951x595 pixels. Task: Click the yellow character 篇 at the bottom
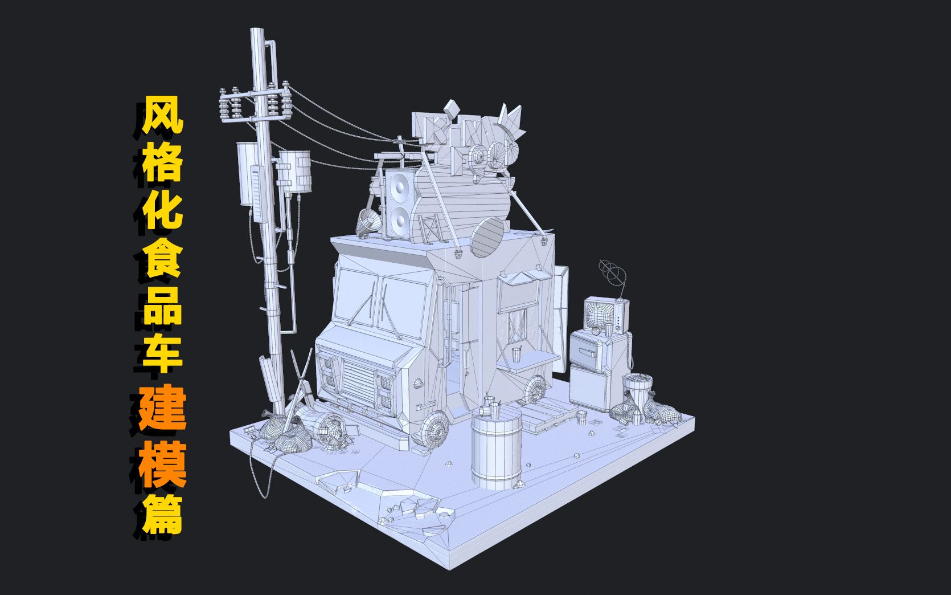coord(164,514)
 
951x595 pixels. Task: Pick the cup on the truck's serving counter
coord(517,354)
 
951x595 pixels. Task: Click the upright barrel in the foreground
coord(496,450)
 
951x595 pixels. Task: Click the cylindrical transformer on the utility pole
coord(295,170)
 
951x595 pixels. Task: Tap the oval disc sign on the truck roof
coord(488,235)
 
